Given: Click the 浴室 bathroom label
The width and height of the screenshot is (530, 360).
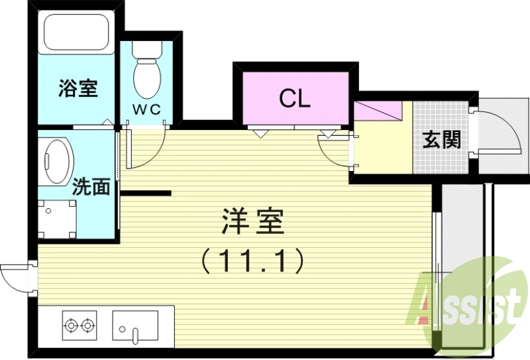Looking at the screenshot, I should point(78,88).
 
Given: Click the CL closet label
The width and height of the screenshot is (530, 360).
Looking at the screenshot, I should point(294,99).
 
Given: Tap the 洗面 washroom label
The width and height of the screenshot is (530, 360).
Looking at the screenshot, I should point(91,187).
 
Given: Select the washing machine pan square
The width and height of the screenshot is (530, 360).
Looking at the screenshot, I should point(58,218).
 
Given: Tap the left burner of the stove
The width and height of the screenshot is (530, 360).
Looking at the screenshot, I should point(71,325).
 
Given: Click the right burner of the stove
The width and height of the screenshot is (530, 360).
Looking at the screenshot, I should point(87,325).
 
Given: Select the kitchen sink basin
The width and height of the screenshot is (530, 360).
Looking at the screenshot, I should point(135,326).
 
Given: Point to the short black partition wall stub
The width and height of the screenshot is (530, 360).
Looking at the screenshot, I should point(146,194).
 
